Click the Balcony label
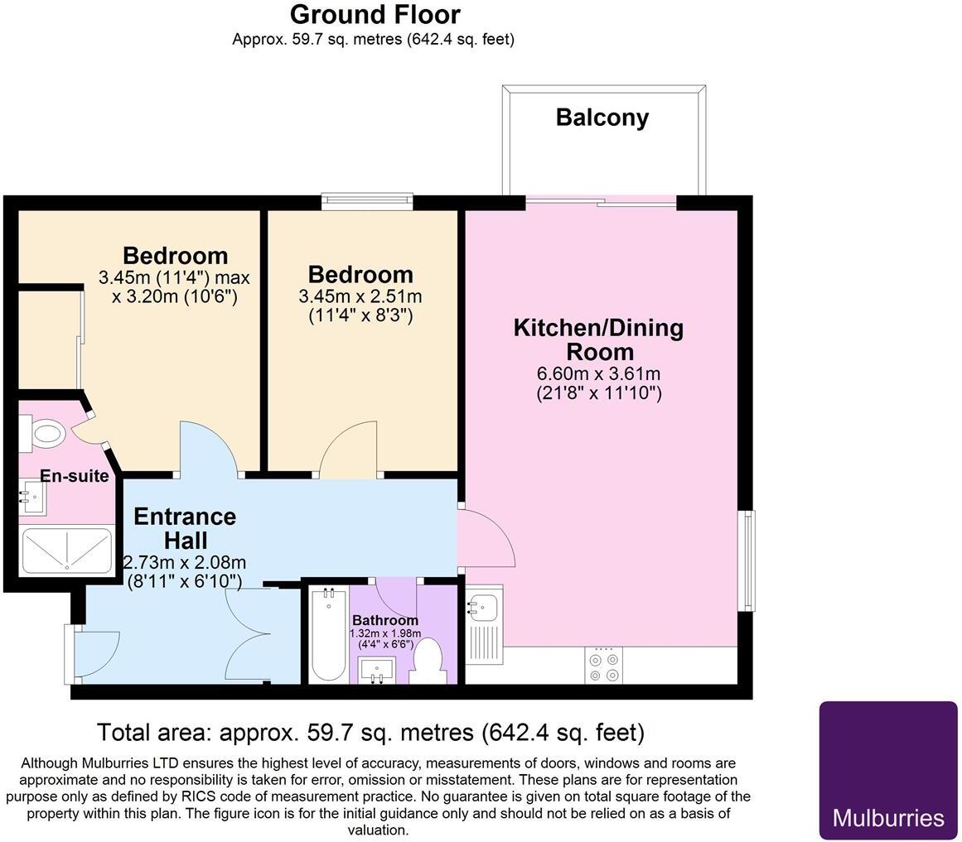(602, 118)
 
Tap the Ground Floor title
(375, 14)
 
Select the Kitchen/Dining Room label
(598, 339)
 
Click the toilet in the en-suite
(43, 432)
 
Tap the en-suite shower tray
(66, 551)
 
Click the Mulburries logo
(887, 771)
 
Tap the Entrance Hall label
(185, 528)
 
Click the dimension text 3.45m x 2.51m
(360, 296)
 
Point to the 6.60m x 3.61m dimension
(598, 373)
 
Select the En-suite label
(75, 476)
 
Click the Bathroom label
(385, 620)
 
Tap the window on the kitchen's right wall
(748, 561)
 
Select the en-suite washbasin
(33, 498)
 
